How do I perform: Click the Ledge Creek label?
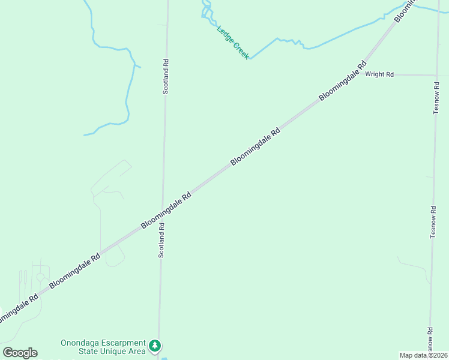pos(233,43)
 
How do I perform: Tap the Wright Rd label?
pos(379,74)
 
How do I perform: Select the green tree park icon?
pos(155,346)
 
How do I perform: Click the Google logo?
pos(20,353)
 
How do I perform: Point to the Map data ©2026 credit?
pos(424,355)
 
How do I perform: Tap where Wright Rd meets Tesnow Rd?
pos(436,76)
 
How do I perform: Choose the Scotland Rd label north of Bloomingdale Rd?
pos(166,76)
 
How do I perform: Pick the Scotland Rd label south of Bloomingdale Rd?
pos(161,240)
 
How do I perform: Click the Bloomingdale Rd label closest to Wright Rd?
pos(343,81)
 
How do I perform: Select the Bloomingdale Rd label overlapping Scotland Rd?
pos(166,209)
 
